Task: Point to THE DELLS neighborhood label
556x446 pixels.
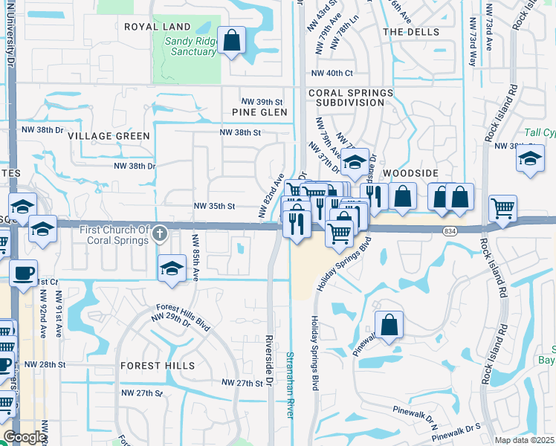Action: [x=407, y=32]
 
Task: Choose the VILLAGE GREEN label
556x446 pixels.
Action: [x=109, y=136]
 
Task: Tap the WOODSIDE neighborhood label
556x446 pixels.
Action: [x=407, y=172]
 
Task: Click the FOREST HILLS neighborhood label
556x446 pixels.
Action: [x=157, y=366]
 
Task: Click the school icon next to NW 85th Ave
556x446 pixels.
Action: [x=172, y=268]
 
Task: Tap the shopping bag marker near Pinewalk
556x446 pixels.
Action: [x=389, y=324]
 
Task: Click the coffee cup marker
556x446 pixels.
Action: [x=23, y=272]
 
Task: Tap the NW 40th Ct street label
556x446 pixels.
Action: [x=332, y=73]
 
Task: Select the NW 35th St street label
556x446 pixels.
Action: [x=214, y=206]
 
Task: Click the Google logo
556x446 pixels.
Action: [x=25, y=437]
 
